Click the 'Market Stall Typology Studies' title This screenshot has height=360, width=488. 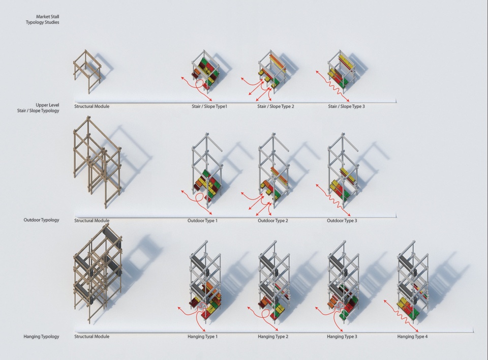point(43,19)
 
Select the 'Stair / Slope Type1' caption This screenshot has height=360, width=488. point(209,106)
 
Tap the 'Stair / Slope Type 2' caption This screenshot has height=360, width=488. point(276,106)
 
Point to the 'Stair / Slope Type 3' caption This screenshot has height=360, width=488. point(346,106)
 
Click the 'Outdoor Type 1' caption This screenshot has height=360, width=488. point(202,221)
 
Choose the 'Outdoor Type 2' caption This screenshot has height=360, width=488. point(273,221)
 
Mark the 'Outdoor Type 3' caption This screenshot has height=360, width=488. point(342,221)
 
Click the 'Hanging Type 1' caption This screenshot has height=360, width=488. point(203,337)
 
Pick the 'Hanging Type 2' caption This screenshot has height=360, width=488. point(273,337)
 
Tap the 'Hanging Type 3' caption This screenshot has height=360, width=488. point(342,337)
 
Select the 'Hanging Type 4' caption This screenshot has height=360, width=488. point(412,337)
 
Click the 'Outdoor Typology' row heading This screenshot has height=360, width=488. point(41,220)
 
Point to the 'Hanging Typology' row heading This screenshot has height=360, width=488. point(41,337)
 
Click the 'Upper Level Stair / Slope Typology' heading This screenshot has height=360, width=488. point(38,108)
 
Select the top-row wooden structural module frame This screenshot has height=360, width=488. point(87,71)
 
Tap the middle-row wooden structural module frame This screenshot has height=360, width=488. point(97,162)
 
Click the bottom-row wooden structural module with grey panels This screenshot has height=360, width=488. point(98,274)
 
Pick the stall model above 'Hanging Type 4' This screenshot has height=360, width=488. point(412,280)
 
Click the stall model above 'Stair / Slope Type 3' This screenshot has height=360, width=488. point(342,72)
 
